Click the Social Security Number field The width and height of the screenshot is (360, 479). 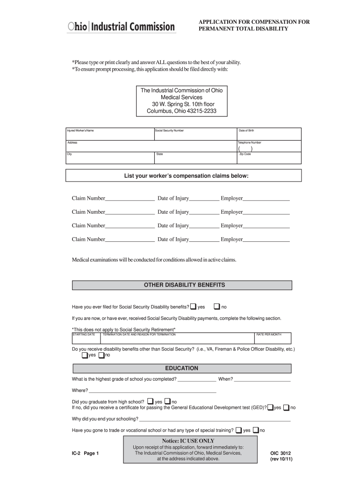pyautogui.click(x=195, y=134)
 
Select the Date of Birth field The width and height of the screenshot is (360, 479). pyautogui.click(x=268, y=134)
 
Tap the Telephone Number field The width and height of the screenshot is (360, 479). pyautogui.click(x=268, y=147)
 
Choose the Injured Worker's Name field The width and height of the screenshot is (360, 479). pyautogui.click(x=109, y=134)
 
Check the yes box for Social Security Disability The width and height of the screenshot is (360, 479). pyautogui.click(x=194, y=307)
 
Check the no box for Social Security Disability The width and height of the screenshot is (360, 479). pyautogui.click(x=216, y=307)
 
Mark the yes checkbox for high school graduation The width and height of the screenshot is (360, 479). pyautogui.click(x=150, y=401)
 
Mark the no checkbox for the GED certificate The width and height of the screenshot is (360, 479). pyautogui.click(x=286, y=407)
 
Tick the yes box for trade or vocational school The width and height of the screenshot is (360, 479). pyautogui.click(x=238, y=430)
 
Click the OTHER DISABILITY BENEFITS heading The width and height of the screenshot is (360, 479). pyautogui.click(x=184, y=285)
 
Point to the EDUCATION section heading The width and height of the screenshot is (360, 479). pyautogui.click(x=181, y=369)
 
